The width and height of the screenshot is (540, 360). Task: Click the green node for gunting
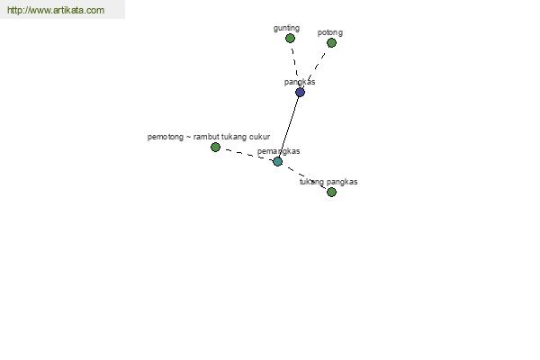pyautogui.click(x=290, y=38)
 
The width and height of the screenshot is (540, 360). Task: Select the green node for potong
pyautogui.click(x=331, y=42)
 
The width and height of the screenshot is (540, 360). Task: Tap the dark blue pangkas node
pyautogui.click(x=300, y=93)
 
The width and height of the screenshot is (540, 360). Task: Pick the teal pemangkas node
pyautogui.click(x=277, y=161)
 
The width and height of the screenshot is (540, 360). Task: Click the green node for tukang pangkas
pyautogui.click(x=331, y=192)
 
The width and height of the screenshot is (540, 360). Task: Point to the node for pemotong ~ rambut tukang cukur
pyautogui.click(x=215, y=147)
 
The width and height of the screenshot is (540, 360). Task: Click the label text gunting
pyautogui.click(x=286, y=28)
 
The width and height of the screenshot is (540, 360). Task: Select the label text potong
pyautogui.click(x=330, y=32)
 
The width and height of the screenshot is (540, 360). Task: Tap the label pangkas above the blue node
pyautogui.click(x=300, y=82)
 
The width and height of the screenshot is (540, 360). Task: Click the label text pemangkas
pyautogui.click(x=279, y=151)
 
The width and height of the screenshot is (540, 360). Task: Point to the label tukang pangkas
pyautogui.click(x=328, y=182)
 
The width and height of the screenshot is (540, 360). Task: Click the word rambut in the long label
pyautogui.click(x=206, y=137)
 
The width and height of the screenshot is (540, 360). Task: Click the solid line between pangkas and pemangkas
pyautogui.click(x=289, y=127)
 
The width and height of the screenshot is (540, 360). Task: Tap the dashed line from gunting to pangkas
pyautogui.click(x=295, y=66)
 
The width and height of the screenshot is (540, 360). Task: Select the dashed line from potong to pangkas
pyautogui.click(x=316, y=67)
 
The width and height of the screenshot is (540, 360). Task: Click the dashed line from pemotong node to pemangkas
pyautogui.click(x=247, y=154)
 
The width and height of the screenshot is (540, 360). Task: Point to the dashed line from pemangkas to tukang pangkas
pyautogui.click(x=304, y=176)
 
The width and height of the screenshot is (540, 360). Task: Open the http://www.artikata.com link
pyautogui.click(x=56, y=10)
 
